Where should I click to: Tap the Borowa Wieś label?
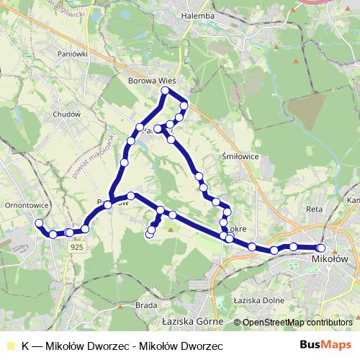click(152, 81)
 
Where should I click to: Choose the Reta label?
click(315, 208)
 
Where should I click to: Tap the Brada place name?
click(145, 305)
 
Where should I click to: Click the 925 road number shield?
click(78, 246)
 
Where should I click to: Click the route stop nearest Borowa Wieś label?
click(165, 91)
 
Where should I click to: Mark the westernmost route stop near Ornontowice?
click(39, 223)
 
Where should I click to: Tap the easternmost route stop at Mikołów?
click(321, 248)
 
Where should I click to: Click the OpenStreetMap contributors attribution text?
click(297, 323)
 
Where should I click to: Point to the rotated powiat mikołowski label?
click(94, 155)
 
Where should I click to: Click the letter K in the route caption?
click(26, 345)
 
